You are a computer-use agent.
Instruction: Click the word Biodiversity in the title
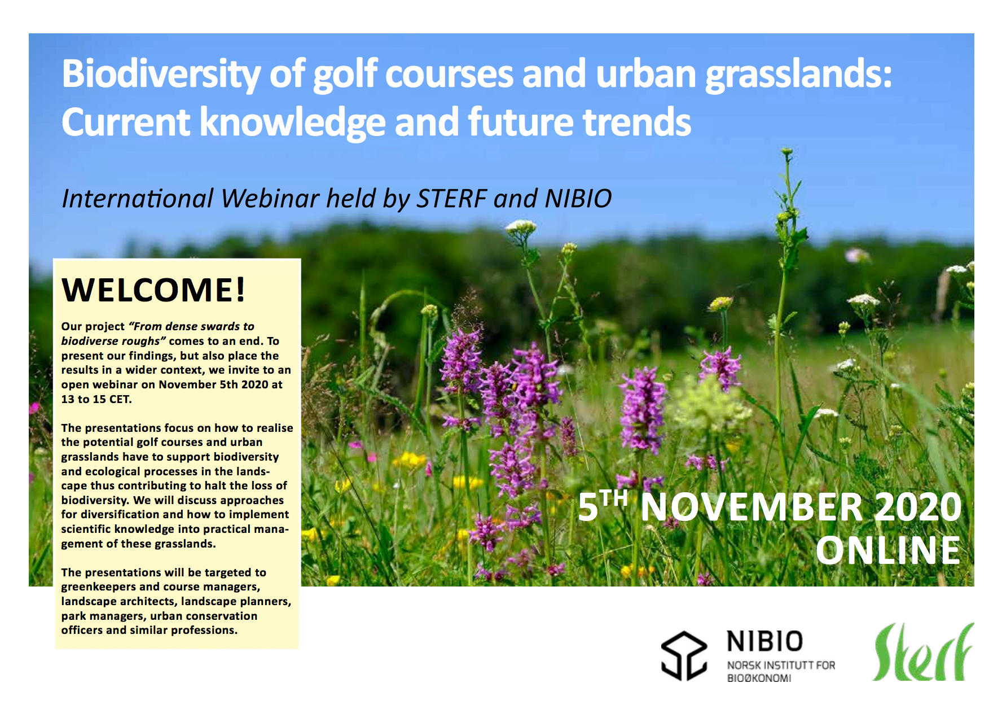[161, 75]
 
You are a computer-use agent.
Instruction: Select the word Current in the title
[126, 122]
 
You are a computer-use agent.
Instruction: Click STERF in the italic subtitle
[452, 198]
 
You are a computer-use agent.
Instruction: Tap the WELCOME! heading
[153, 290]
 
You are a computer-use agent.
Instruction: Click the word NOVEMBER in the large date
[752, 506]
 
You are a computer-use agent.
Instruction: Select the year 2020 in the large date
[918, 506]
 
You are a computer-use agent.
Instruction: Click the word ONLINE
[888, 550]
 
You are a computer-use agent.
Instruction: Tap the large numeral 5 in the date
[588, 506]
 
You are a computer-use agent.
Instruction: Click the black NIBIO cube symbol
[684, 655]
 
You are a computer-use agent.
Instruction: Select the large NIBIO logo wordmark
[764, 641]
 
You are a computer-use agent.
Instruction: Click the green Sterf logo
[924, 652]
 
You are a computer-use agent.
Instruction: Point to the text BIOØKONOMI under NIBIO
[759, 678]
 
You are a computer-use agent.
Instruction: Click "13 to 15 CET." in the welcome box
[96, 399]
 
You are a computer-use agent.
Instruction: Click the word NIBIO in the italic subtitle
[578, 198]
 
